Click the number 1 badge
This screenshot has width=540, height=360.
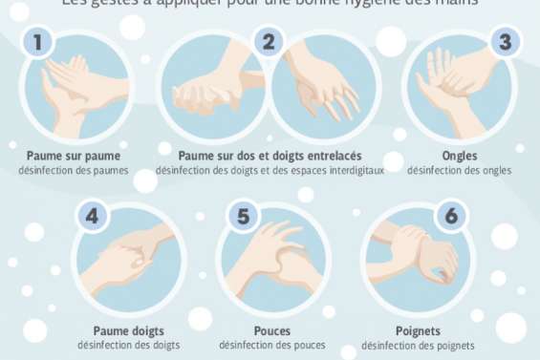tap(37, 42)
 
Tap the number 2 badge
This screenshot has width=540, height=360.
tap(269, 42)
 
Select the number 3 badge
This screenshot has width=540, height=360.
tap(505, 42)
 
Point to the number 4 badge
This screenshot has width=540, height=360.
tap(92, 216)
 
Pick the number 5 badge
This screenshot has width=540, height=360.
tap(243, 216)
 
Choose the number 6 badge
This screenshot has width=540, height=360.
tap(451, 216)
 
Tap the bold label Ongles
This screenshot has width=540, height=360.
tap(460, 156)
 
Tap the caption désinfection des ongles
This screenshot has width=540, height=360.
tap(460, 171)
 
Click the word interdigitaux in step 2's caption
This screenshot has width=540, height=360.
tap(353, 171)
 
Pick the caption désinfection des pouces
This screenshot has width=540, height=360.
tap(271, 346)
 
